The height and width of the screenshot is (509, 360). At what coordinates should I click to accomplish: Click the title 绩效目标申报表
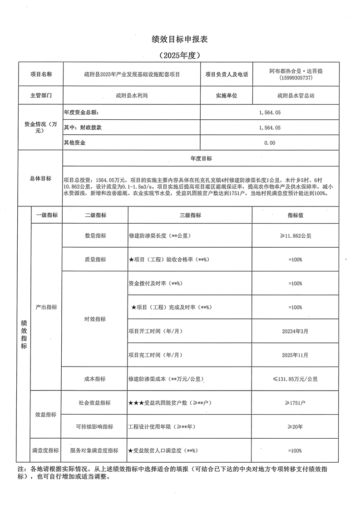tap(180, 39)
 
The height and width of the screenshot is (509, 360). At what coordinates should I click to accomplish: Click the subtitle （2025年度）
tap(180, 55)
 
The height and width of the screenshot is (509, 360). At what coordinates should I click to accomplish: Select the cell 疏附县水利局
tap(132, 96)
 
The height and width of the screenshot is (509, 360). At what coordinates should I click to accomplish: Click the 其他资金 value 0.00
tap(270, 143)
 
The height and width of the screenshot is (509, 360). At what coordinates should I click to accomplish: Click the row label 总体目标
tap(40, 179)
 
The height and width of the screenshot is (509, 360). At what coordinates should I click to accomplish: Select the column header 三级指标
tap(190, 215)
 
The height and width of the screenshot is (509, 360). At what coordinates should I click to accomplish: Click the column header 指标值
tap(295, 215)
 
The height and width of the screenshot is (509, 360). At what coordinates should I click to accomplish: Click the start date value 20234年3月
tap(295, 331)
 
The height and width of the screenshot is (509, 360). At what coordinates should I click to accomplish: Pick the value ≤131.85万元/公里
tap(295, 379)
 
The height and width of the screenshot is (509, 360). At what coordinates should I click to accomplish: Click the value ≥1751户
tap(295, 403)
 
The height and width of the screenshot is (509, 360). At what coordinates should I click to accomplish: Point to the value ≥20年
tap(295, 427)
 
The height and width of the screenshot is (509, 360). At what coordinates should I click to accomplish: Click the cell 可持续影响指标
tap(95, 427)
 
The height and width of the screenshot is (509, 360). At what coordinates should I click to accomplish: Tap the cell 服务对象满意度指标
tap(95, 450)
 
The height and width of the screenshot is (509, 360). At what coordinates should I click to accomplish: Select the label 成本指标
tap(95, 379)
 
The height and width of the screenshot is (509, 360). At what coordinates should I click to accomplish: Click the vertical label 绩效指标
tap(24, 334)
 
